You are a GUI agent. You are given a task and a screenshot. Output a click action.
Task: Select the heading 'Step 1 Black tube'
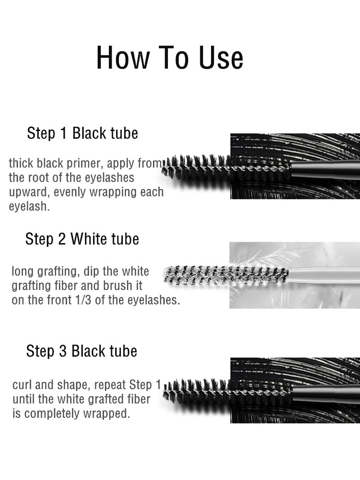click(82, 134)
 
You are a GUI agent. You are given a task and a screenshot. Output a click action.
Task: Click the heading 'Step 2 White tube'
click(82, 239)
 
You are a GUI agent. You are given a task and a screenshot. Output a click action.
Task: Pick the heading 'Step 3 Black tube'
click(81, 351)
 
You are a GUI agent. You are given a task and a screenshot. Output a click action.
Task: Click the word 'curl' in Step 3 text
click(22, 385)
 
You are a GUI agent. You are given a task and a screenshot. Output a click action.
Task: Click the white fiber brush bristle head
click(225, 274)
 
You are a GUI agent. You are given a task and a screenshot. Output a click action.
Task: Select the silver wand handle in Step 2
click(324, 274)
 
